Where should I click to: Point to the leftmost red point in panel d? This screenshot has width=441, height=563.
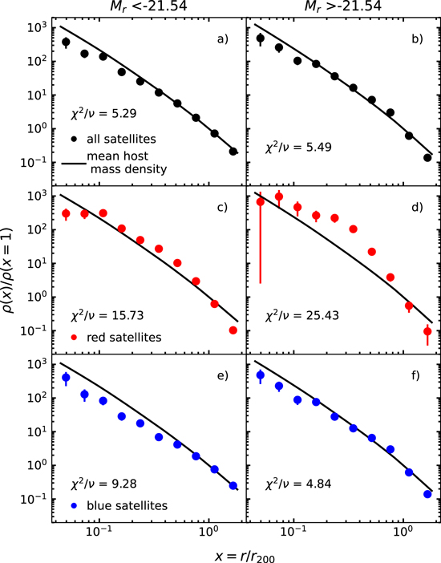260,202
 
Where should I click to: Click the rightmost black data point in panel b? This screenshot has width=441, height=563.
427,157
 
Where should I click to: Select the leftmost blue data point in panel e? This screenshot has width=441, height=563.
66,377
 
